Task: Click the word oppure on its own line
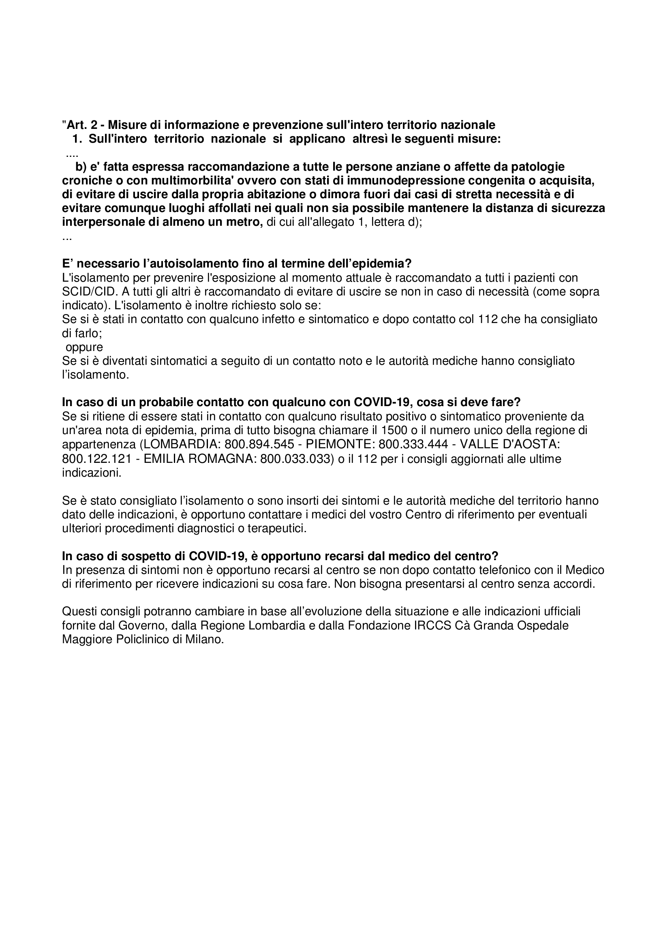click(x=84, y=347)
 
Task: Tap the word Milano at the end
click(x=204, y=640)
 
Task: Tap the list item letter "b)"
click(x=81, y=167)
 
